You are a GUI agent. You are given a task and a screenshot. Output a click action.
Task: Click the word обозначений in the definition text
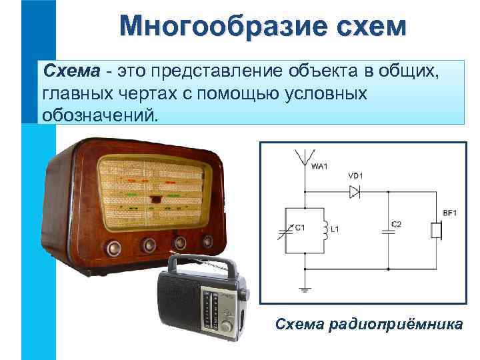click(x=101, y=115)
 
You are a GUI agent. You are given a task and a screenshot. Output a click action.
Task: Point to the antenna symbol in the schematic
click(x=305, y=158)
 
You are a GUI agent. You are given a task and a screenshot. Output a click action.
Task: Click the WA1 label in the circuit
click(x=319, y=167)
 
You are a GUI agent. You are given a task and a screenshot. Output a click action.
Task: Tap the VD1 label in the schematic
click(x=355, y=176)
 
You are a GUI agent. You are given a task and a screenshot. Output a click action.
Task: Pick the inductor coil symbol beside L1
click(x=325, y=230)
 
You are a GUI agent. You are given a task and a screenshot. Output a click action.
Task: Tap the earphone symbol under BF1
click(x=437, y=231)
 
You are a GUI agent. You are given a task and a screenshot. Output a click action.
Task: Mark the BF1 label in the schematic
click(x=449, y=213)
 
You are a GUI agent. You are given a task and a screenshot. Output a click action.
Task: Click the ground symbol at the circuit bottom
click(x=305, y=289)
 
